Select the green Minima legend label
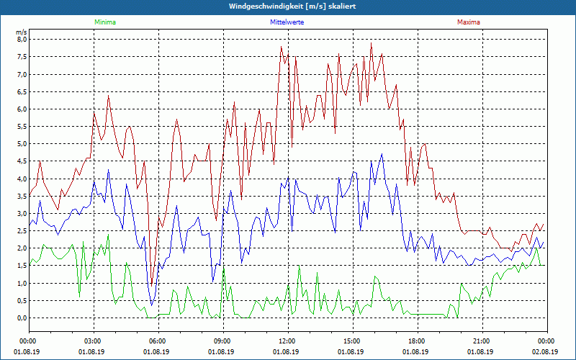[x=104, y=22]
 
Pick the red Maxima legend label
[x=468, y=22]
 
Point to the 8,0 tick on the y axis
[x=22, y=40]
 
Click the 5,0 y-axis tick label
[x=22, y=144]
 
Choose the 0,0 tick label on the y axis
[x=22, y=318]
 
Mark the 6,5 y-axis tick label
[x=22, y=91]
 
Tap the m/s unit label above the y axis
[x=21, y=32]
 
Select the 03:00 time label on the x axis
[x=93, y=341]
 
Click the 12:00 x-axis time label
[x=287, y=341]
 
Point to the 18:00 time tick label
[x=416, y=341]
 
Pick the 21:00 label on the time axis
[x=481, y=341]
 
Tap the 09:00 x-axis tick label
[x=222, y=341]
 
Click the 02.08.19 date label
[x=546, y=351]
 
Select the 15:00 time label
[x=351, y=341]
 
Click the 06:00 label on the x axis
[x=158, y=341]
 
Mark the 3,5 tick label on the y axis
[x=22, y=196]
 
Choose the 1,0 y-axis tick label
[x=22, y=283]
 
